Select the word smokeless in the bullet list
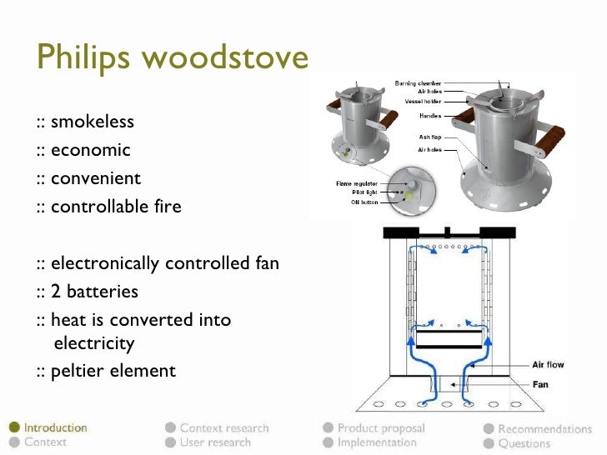(x=92, y=122)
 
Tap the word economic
(x=90, y=151)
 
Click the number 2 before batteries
(x=56, y=292)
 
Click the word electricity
(x=93, y=343)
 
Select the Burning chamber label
(x=418, y=83)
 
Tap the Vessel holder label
(x=424, y=100)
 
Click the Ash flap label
(x=430, y=137)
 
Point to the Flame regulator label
(x=357, y=182)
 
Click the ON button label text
(x=364, y=201)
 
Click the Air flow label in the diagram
(x=550, y=365)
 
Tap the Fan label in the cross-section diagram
(x=540, y=384)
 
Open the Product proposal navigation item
(x=380, y=428)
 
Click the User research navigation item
(x=214, y=442)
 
